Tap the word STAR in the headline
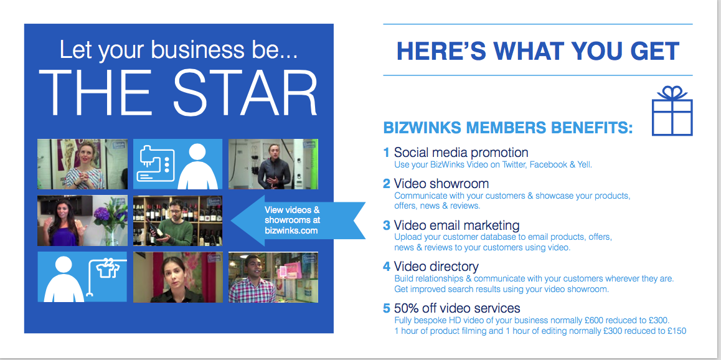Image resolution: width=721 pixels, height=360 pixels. tap(245, 93)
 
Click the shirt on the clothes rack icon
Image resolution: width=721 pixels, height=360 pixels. tap(106, 270)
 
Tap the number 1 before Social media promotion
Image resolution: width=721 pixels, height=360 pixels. tap(386, 152)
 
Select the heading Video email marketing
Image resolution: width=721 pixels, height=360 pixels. tap(456, 225)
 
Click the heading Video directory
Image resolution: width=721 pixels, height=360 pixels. tap(436, 266)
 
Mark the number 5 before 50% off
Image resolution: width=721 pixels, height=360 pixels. tap(387, 308)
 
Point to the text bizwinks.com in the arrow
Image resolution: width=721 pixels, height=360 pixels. tap(291, 230)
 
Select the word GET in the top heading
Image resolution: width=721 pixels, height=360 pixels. tap(655, 50)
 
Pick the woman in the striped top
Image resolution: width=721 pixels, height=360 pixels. tap(83, 166)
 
